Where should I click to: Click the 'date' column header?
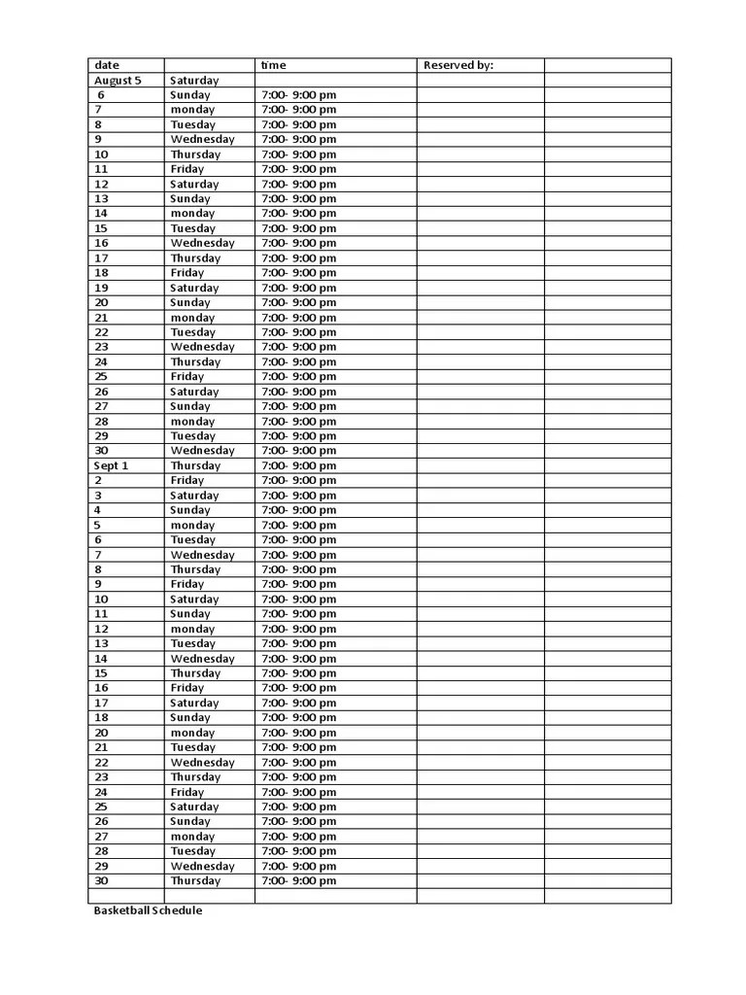coord(107,65)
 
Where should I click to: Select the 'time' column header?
coord(274,65)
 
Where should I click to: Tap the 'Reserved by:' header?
coord(458,65)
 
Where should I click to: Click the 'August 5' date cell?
coord(118,81)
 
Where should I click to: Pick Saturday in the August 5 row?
coord(194,81)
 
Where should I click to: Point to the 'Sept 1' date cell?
coord(111,465)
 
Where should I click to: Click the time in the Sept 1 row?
coord(299,465)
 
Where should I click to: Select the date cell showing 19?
coord(102,288)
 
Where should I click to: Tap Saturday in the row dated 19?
coord(194,288)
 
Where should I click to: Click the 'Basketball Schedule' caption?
coord(148,910)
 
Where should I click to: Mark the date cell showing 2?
coord(98,480)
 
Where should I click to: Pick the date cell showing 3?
coord(98,496)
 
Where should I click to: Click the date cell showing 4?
coord(98,510)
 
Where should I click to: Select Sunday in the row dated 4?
coord(190,510)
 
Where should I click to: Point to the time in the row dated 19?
coord(299,288)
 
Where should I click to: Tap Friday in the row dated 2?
coord(187,480)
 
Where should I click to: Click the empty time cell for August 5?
coord(335,81)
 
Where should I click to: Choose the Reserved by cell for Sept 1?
coord(480,465)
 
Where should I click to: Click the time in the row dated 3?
coord(299,496)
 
